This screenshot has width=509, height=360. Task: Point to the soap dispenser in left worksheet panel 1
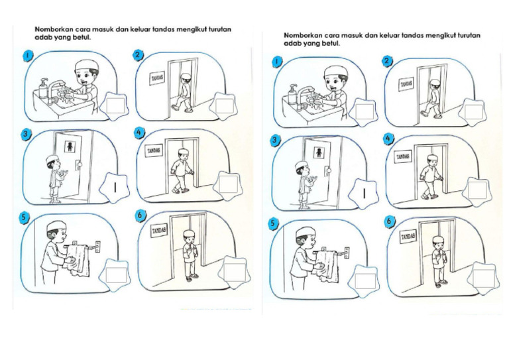[x=44, y=88]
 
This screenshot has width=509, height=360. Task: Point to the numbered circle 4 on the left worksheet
[x=139, y=133]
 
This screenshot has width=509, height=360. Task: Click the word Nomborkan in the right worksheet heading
[x=302, y=35]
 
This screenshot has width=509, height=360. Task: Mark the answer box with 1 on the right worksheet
[x=365, y=193]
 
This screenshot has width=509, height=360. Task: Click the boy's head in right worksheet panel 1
[x=335, y=75]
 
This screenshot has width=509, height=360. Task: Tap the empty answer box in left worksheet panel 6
[x=234, y=270]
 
